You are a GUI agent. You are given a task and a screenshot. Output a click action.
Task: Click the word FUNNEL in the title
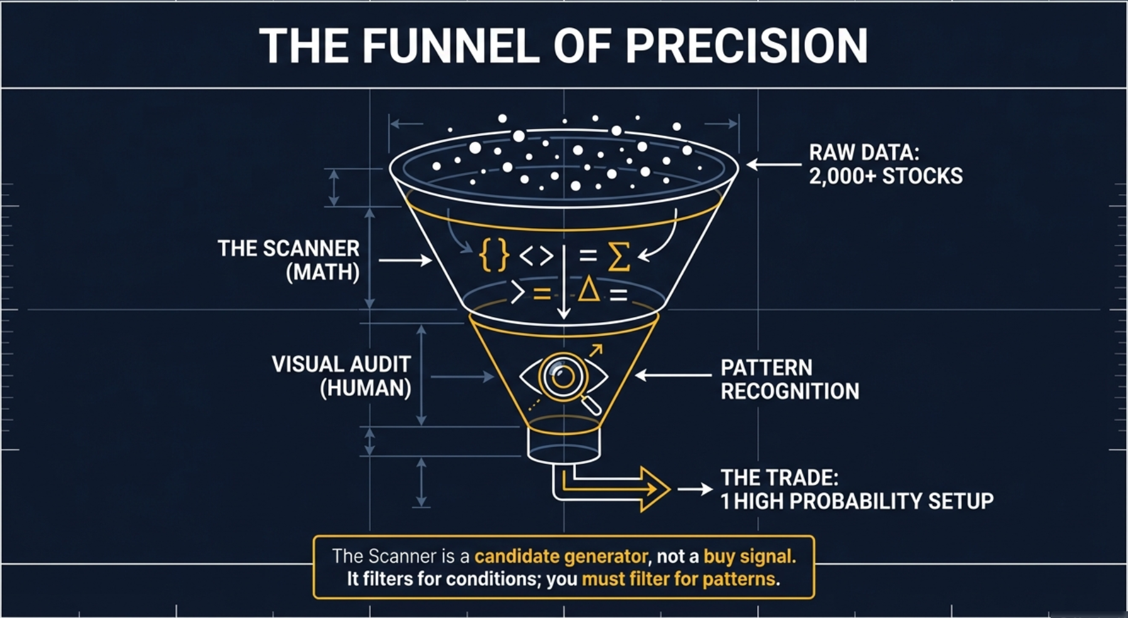click(x=450, y=46)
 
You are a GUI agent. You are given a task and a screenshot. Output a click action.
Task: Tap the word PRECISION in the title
click(x=747, y=46)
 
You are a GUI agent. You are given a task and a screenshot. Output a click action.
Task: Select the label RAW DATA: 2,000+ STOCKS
click(x=885, y=164)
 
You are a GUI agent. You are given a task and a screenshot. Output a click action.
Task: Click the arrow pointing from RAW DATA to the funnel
click(x=773, y=165)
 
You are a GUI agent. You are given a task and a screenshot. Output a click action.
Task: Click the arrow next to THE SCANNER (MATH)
click(x=405, y=260)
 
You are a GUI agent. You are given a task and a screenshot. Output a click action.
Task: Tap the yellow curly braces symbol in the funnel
click(x=493, y=255)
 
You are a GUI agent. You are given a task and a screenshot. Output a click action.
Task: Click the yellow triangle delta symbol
click(x=588, y=291)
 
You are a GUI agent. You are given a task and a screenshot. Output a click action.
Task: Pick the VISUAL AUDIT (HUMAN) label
click(x=341, y=376)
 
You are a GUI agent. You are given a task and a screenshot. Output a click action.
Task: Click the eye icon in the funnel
click(x=563, y=376)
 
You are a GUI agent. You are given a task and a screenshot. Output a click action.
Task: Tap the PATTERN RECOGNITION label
click(x=789, y=379)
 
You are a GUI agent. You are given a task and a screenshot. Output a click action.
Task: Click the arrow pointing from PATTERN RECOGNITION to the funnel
click(x=673, y=375)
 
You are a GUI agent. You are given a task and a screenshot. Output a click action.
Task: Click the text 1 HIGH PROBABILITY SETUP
click(x=857, y=501)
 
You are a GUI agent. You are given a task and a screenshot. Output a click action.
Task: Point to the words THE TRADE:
click(x=779, y=478)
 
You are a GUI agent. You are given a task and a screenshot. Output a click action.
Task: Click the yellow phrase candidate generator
click(x=561, y=556)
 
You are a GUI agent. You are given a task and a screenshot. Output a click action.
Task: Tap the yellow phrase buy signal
click(x=749, y=556)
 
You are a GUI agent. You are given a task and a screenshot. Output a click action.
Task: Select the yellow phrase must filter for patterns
click(x=678, y=579)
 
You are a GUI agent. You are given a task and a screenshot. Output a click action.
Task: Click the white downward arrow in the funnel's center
click(x=563, y=282)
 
